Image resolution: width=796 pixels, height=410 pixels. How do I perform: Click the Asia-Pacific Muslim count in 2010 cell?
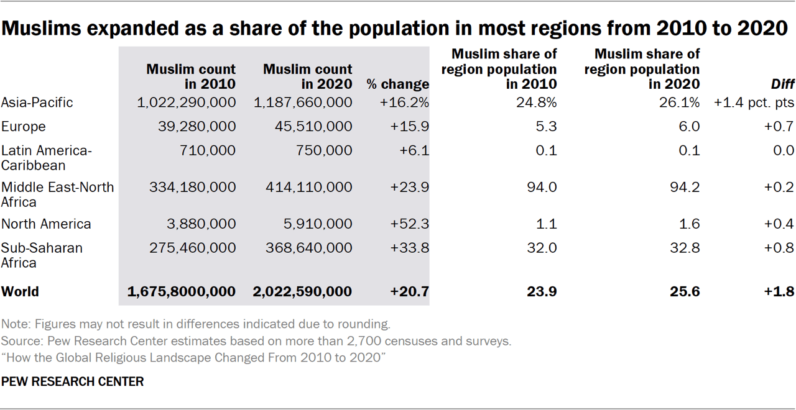pos(186,102)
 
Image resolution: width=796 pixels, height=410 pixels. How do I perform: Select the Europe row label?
pos(24,127)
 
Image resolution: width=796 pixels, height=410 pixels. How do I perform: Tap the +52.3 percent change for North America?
pos(409,224)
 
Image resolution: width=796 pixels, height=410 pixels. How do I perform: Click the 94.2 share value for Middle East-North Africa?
pos(687,187)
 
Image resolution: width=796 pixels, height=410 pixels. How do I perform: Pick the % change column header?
pos(397,84)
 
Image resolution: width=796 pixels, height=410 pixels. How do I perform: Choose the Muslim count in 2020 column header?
pos(307,76)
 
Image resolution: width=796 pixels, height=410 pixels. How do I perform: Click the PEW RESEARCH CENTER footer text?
pos(73,381)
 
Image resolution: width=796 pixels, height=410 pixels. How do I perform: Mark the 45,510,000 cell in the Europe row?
pos(313,127)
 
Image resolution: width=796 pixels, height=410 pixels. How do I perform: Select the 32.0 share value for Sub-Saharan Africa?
pos(544,248)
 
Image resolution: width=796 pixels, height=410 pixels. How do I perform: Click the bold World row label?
pos(20,291)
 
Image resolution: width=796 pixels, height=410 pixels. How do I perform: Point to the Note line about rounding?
pos(196,324)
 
